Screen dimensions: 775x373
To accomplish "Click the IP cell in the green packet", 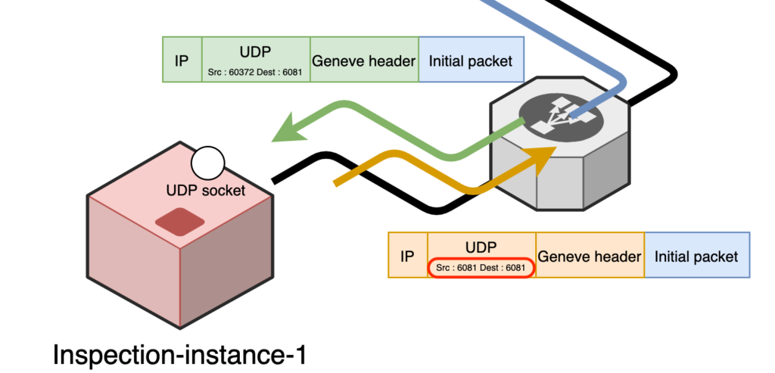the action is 182,59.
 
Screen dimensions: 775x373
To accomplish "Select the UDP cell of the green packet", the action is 256,59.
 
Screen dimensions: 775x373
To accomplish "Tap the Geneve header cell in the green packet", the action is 364,59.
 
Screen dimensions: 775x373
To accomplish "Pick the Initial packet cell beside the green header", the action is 471,59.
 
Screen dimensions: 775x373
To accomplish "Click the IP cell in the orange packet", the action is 408,255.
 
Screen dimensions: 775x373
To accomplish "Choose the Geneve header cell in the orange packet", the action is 590,255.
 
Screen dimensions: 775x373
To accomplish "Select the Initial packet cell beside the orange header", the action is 697,255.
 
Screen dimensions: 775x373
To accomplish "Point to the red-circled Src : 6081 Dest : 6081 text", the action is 482,268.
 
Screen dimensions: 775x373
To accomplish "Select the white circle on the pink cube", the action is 207,163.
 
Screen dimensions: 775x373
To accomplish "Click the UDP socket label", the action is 206,190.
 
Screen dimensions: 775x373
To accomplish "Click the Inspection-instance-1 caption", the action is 179,355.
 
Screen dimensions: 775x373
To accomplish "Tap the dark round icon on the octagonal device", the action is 561,117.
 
